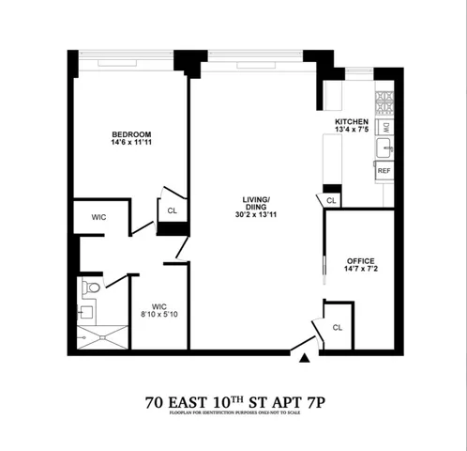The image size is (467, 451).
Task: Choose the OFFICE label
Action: [360, 259]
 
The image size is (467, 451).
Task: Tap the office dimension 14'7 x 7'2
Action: [360, 270]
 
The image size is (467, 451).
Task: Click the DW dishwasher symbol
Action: [384, 126]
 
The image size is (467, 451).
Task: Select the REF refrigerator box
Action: [384, 171]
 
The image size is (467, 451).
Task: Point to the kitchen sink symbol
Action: [384, 148]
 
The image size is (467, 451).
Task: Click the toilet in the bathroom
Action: [90, 287]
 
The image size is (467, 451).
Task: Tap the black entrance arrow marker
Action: [304, 358]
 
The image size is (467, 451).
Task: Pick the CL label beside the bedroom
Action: [172, 210]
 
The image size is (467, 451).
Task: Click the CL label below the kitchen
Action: [331, 200]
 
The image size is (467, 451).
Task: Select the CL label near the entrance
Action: [337, 327]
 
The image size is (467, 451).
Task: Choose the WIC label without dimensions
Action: [98, 217]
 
